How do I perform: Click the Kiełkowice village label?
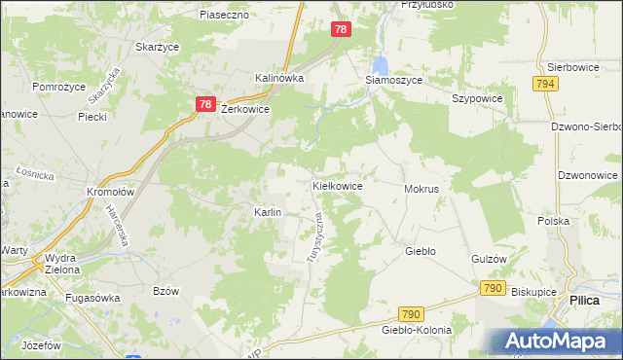[x=337, y=185]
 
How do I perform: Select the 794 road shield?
[x=545, y=85]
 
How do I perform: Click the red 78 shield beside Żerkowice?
[x=204, y=104]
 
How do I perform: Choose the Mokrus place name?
[x=421, y=188]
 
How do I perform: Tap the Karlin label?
[x=268, y=212]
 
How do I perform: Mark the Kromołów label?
[x=109, y=192]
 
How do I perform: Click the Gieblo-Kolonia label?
[x=417, y=330]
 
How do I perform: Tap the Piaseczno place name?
[x=225, y=16]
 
